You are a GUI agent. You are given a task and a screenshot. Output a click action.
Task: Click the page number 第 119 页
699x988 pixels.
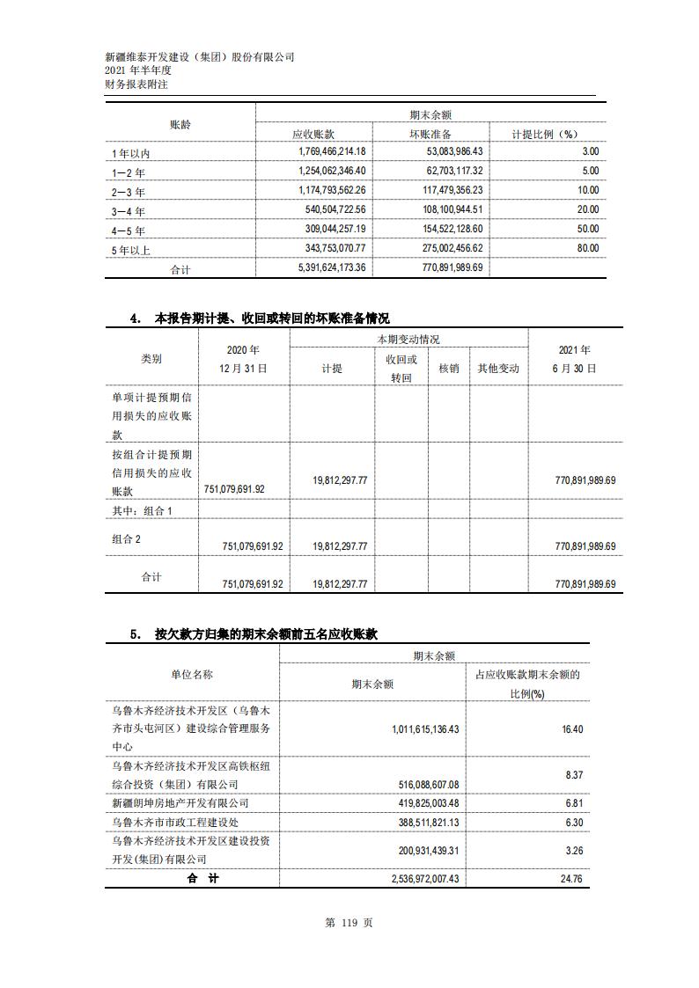349,922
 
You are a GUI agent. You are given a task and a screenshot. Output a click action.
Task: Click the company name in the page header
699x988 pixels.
199,56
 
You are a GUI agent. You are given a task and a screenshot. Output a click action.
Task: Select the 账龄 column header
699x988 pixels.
180,124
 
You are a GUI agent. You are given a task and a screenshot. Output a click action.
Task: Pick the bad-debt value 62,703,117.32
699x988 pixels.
446,171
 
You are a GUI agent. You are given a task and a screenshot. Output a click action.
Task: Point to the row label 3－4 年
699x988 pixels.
129,211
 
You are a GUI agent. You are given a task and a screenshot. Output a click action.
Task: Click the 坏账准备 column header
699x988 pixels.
430,134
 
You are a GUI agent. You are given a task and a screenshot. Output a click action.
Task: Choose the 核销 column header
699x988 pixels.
449,369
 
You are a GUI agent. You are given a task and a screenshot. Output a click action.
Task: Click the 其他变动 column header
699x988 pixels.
498,369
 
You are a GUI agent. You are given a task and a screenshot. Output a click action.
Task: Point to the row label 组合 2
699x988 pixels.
127,539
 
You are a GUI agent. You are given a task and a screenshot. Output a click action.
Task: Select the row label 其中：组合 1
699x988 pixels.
143,510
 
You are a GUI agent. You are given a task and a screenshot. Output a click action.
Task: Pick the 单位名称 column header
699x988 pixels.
192,674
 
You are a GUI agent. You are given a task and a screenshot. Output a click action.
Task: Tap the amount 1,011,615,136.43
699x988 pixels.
413,728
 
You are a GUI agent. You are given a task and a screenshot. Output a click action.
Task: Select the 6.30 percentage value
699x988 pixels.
572,822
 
